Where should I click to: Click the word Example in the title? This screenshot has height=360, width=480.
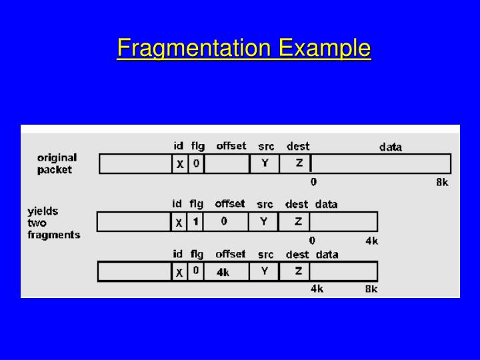(x=325, y=48)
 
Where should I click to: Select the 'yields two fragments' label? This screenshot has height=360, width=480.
(x=53, y=223)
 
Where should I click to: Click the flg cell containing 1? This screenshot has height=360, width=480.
(x=195, y=221)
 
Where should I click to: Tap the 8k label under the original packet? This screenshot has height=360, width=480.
(x=442, y=181)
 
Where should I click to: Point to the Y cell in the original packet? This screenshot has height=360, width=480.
(x=265, y=163)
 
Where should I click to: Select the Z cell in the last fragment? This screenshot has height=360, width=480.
(x=299, y=271)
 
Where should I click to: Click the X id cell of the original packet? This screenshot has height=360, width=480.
(x=179, y=164)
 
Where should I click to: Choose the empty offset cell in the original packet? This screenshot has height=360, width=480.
(x=227, y=163)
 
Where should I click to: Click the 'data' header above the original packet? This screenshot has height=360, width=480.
(x=391, y=147)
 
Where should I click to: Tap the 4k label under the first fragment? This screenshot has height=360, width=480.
(x=371, y=240)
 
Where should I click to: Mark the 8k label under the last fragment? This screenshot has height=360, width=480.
(x=371, y=289)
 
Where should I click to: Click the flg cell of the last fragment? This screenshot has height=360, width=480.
(x=195, y=271)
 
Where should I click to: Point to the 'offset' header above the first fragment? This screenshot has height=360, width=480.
(x=230, y=204)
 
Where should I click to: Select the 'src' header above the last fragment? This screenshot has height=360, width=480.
(x=265, y=254)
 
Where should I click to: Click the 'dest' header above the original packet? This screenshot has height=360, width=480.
(x=298, y=146)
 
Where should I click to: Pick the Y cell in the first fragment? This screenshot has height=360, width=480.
(x=265, y=221)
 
